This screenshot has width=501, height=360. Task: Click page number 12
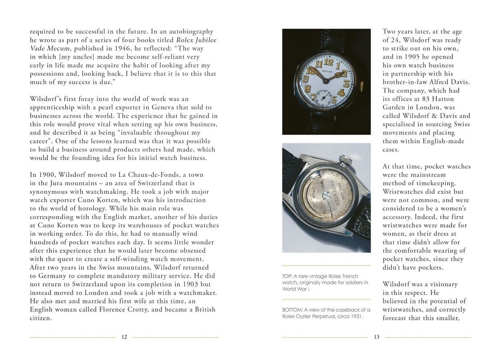[x=124, y=337]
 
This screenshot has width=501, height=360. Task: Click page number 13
[x=377, y=337]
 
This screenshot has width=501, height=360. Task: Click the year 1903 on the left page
[x=180, y=284]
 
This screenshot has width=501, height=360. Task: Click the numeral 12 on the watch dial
[x=328, y=63]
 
